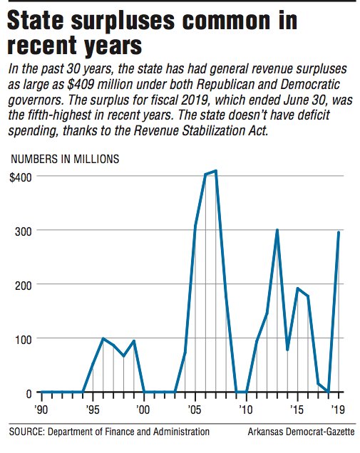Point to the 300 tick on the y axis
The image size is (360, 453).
point(23,230)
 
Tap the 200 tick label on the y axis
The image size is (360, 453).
point(23,284)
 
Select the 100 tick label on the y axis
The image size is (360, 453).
point(23,338)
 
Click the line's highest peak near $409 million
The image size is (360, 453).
point(215,171)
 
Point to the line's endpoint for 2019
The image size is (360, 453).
point(339,232)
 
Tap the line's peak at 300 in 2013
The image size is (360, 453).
point(277,230)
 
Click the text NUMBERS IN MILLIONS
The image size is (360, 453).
point(65,159)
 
